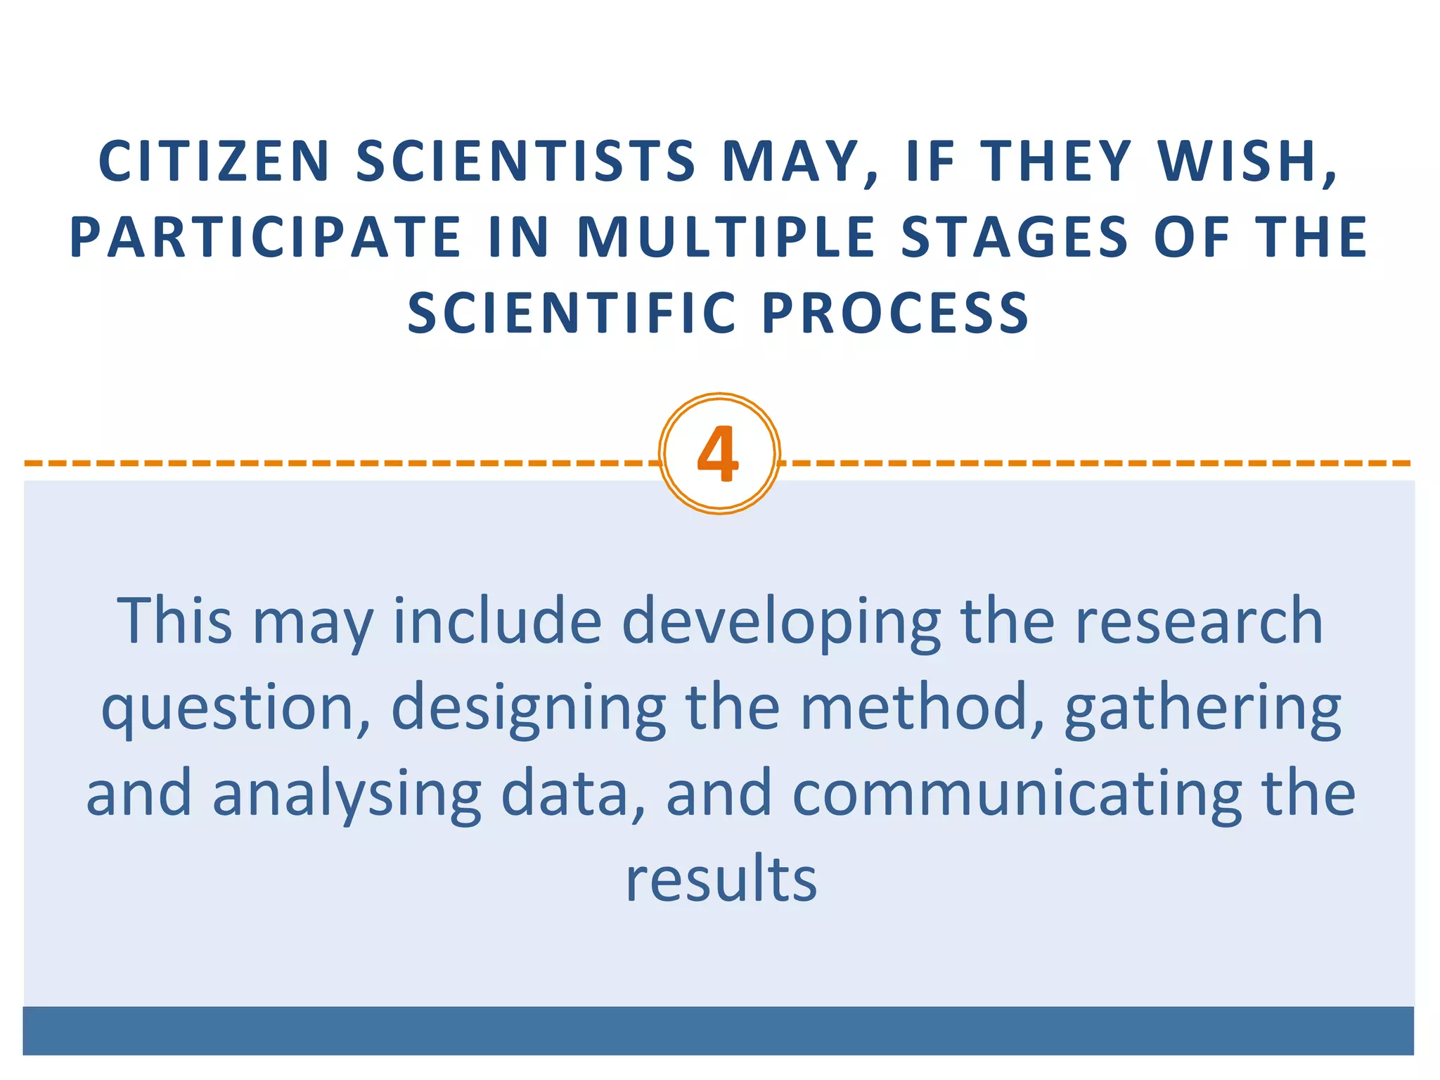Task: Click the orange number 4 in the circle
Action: pyautogui.click(x=718, y=455)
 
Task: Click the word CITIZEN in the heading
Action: pyautogui.click(x=214, y=161)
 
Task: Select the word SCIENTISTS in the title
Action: pyautogui.click(x=526, y=161)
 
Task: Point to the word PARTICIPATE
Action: pyautogui.click(x=265, y=238)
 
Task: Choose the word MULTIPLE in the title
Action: pyautogui.click(x=726, y=238)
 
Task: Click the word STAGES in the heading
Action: pyautogui.click(x=1014, y=238)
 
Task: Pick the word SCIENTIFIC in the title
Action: pyautogui.click(x=572, y=314)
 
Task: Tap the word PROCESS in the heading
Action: pyautogui.click(x=896, y=314)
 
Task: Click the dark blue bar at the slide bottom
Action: pyautogui.click(x=718, y=1031)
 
